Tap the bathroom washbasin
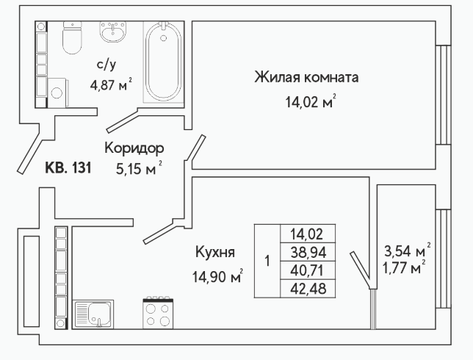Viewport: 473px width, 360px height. pyautogui.click(x=113, y=32)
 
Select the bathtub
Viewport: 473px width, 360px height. pyautogui.click(x=164, y=62)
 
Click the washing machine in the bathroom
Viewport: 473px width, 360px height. pyautogui.click(x=57, y=93)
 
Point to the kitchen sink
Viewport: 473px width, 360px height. pyautogui.click(x=93, y=314)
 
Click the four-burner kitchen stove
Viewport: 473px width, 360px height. pyautogui.click(x=158, y=313)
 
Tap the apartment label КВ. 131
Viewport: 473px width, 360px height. pyautogui.click(x=68, y=168)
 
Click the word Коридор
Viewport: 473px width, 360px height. pyautogui.click(x=134, y=148)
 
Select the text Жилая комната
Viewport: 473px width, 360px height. pyautogui.click(x=306, y=77)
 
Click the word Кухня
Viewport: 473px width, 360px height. pyautogui.click(x=215, y=252)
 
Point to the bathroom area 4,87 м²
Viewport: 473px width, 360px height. pyautogui.click(x=111, y=84)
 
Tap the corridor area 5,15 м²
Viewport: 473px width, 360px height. pyautogui.click(x=139, y=168)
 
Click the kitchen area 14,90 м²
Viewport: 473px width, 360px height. pyautogui.click(x=218, y=276)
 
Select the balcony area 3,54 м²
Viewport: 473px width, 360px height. pyautogui.click(x=407, y=251)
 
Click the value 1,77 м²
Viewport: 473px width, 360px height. pyautogui.click(x=404, y=267)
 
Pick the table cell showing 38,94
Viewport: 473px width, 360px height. pyautogui.click(x=308, y=252)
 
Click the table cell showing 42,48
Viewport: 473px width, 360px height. pyautogui.click(x=308, y=289)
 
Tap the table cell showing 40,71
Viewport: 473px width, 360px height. pyautogui.click(x=308, y=270)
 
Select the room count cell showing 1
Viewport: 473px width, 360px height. pyautogui.click(x=267, y=261)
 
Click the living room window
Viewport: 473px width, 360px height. pyautogui.click(x=444, y=95)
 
